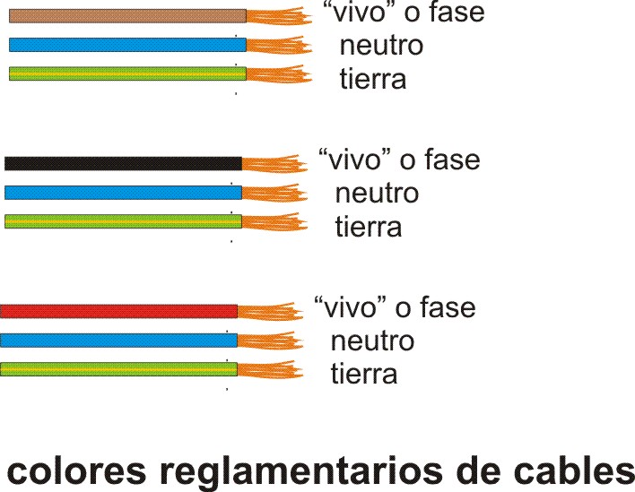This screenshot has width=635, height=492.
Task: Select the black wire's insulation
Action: click(x=123, y=163)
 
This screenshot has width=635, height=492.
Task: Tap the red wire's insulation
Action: click(x=118, y=311)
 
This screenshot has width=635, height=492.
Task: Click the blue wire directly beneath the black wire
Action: click(x=123, y=193)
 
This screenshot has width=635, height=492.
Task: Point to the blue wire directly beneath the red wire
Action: click(x=118, y=341)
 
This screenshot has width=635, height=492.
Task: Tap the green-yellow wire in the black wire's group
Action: click(x=123, y=221)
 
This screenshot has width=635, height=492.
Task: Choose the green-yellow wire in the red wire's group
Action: click(x=118, y=368)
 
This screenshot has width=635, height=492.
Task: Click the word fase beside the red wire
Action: click(x=446, y=308)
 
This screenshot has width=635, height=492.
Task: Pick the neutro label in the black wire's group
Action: click(x=377, y=193)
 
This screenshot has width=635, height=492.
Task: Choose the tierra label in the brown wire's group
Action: click(x=372, y=79)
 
